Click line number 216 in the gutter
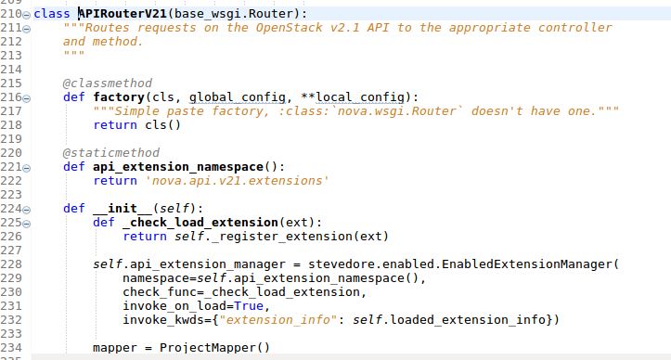pyautogui.click(x=12, y=97)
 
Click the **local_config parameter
pyautogui.click(x=357, y=97)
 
